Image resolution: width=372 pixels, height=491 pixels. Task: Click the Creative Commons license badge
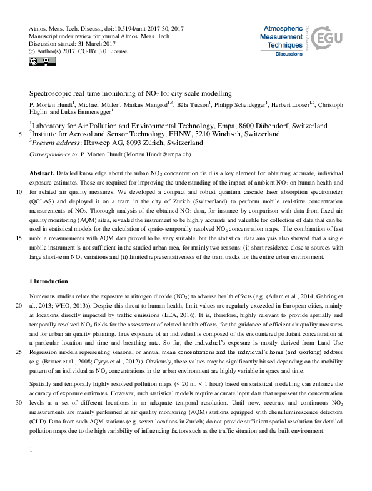tap(38, 61)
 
